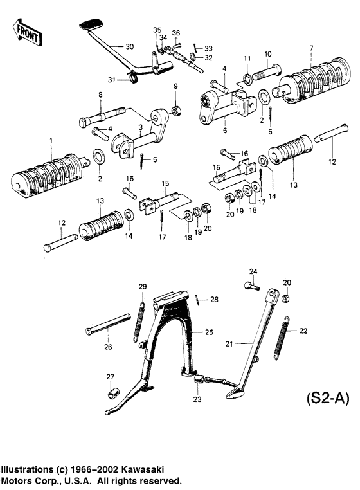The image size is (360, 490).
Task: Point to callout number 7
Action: tap(311, 48)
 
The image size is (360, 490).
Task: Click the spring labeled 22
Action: tap(280, 340)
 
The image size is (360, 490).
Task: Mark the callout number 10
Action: tap(268, 53)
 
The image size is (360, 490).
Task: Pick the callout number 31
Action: tap(113, 80)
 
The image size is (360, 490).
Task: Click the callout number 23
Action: tap(196, 399)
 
